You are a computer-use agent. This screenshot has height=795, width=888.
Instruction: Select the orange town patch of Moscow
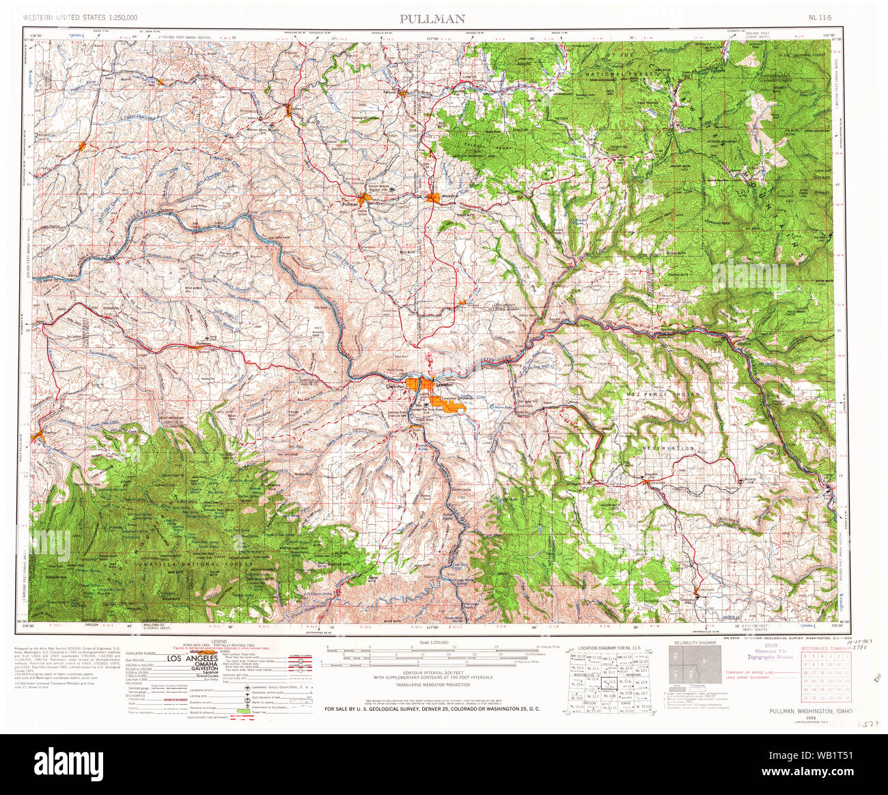[434, 198]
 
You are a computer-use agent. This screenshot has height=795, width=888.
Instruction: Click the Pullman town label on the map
[350, 204]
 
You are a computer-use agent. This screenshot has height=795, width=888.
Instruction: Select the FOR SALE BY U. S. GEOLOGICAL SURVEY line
[432, 709]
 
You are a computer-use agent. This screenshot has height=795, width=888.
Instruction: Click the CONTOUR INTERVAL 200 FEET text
[432, 672]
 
